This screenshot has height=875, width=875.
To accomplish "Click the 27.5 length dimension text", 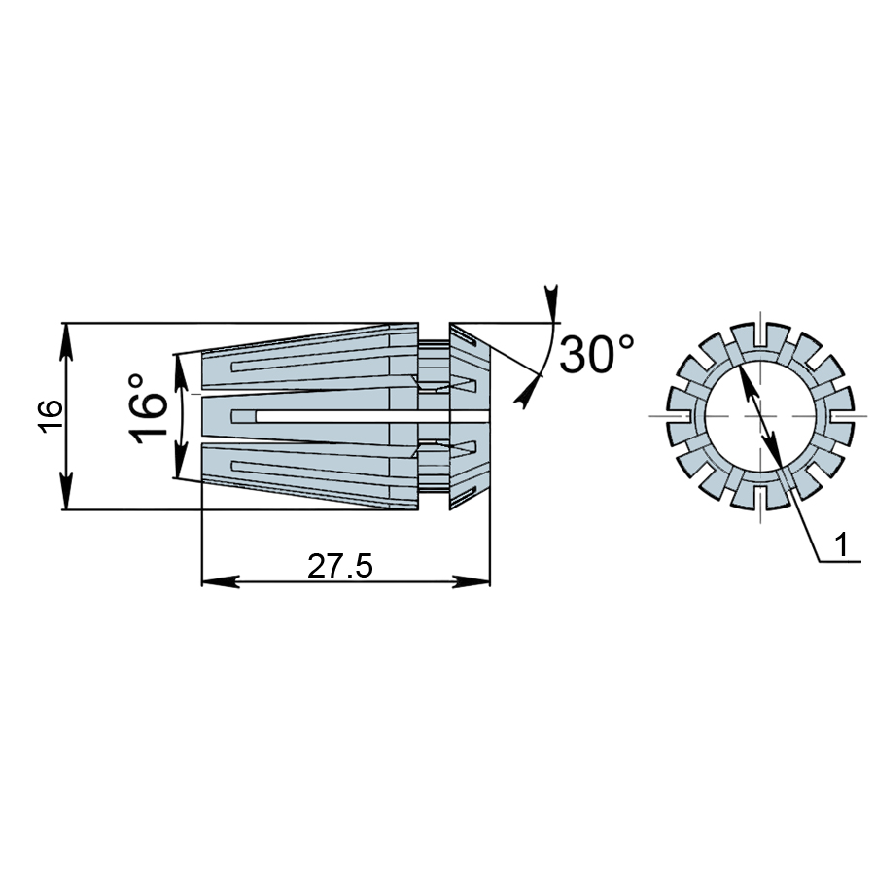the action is click(x=339, y=567).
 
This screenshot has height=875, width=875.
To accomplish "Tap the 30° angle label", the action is click(x=597, y=354).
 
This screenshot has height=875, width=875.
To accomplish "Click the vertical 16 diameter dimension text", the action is click(x=51, y=416).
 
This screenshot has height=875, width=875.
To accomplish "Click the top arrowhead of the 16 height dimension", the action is click(x=66, y=340).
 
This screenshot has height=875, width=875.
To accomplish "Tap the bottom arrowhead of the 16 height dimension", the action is click(x=66, y=492).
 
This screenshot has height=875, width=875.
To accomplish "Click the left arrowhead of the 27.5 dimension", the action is click(x=220, y=581).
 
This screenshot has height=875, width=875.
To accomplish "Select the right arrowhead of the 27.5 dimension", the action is click(x=472, y=581).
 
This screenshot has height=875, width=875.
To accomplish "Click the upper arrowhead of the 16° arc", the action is click(x=180, y=370).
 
